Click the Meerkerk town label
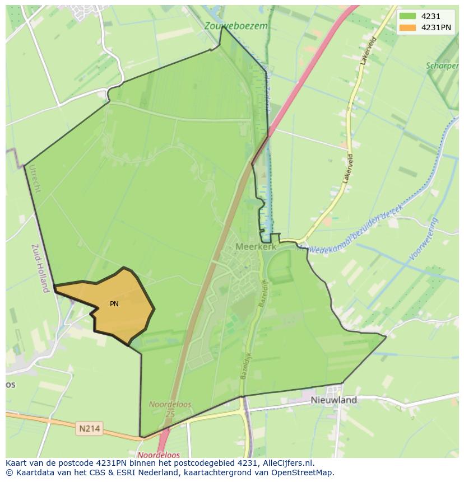pos(256,246)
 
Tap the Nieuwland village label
pos(333,400)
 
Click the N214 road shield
pos(90,429)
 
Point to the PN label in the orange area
pos(114,304)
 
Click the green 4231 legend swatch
pos(407,17)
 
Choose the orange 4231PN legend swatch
pos(407,27)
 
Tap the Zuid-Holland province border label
pos(40,268)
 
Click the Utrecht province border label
pos(35,179)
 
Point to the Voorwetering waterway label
pos(424,239)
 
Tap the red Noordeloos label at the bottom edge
pos(159,455)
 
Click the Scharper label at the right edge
pos(442,65)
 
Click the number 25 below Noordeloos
pos(170,413)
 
